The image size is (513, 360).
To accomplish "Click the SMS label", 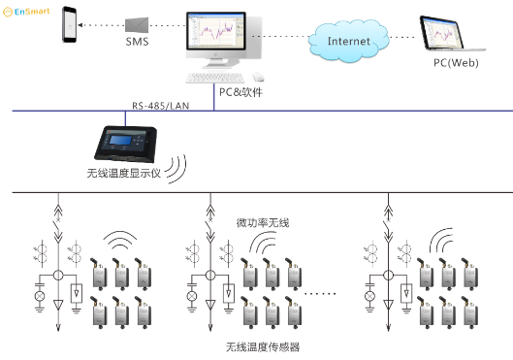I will tap(137, 44).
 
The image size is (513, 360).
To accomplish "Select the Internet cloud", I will tap(348, 41).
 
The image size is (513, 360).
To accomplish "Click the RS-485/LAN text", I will tap(161, 104).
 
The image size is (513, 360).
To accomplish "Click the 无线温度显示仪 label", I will tap(123, 175).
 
